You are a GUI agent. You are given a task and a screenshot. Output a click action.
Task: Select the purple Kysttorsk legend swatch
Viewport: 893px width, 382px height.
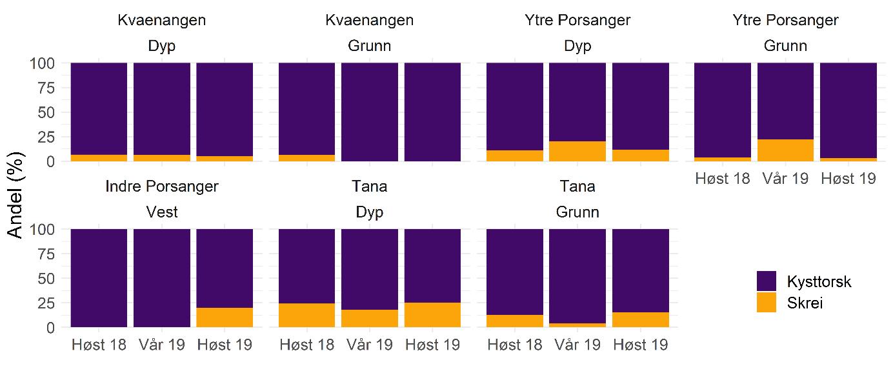(x=767, y=281)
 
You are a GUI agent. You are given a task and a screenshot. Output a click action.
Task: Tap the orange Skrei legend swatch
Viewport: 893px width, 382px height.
(x=767, y=303)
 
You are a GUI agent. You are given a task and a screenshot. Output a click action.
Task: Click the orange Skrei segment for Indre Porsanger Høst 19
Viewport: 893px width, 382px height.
(x=225, y=317)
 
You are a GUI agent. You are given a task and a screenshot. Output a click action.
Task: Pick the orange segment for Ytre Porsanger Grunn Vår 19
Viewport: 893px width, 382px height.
(x=785, y=150)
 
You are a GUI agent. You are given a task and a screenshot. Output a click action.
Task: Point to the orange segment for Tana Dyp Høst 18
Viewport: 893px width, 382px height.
(x=306, y=316)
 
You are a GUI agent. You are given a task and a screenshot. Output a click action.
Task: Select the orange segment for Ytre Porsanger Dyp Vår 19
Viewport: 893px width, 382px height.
(x=577, y=151)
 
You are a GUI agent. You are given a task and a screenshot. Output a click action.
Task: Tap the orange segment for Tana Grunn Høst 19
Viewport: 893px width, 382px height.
(x=640, y=320)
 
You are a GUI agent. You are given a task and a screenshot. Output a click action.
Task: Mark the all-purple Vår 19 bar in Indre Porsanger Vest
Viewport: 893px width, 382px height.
(x=162, y=278)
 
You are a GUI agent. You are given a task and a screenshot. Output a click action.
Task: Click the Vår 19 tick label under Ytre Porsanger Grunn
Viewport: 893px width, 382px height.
(x=785, y=179)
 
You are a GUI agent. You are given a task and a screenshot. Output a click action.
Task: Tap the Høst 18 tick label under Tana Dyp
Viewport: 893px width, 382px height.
(x=306, y=345)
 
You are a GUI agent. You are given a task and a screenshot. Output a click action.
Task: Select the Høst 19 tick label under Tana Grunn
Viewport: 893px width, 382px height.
(x=640, y=345)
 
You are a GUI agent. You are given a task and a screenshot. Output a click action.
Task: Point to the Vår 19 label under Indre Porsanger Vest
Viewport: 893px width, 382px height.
(x=162, y=345)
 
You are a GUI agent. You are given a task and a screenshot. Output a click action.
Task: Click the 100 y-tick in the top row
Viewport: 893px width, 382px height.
(x=43, y=63)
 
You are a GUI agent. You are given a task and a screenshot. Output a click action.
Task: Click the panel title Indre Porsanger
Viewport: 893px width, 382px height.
(x=162, y=186)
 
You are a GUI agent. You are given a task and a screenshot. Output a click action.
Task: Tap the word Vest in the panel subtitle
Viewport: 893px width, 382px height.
(x=162, y=212)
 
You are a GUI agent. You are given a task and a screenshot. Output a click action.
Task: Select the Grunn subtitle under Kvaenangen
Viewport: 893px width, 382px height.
(x=369, y=46)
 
